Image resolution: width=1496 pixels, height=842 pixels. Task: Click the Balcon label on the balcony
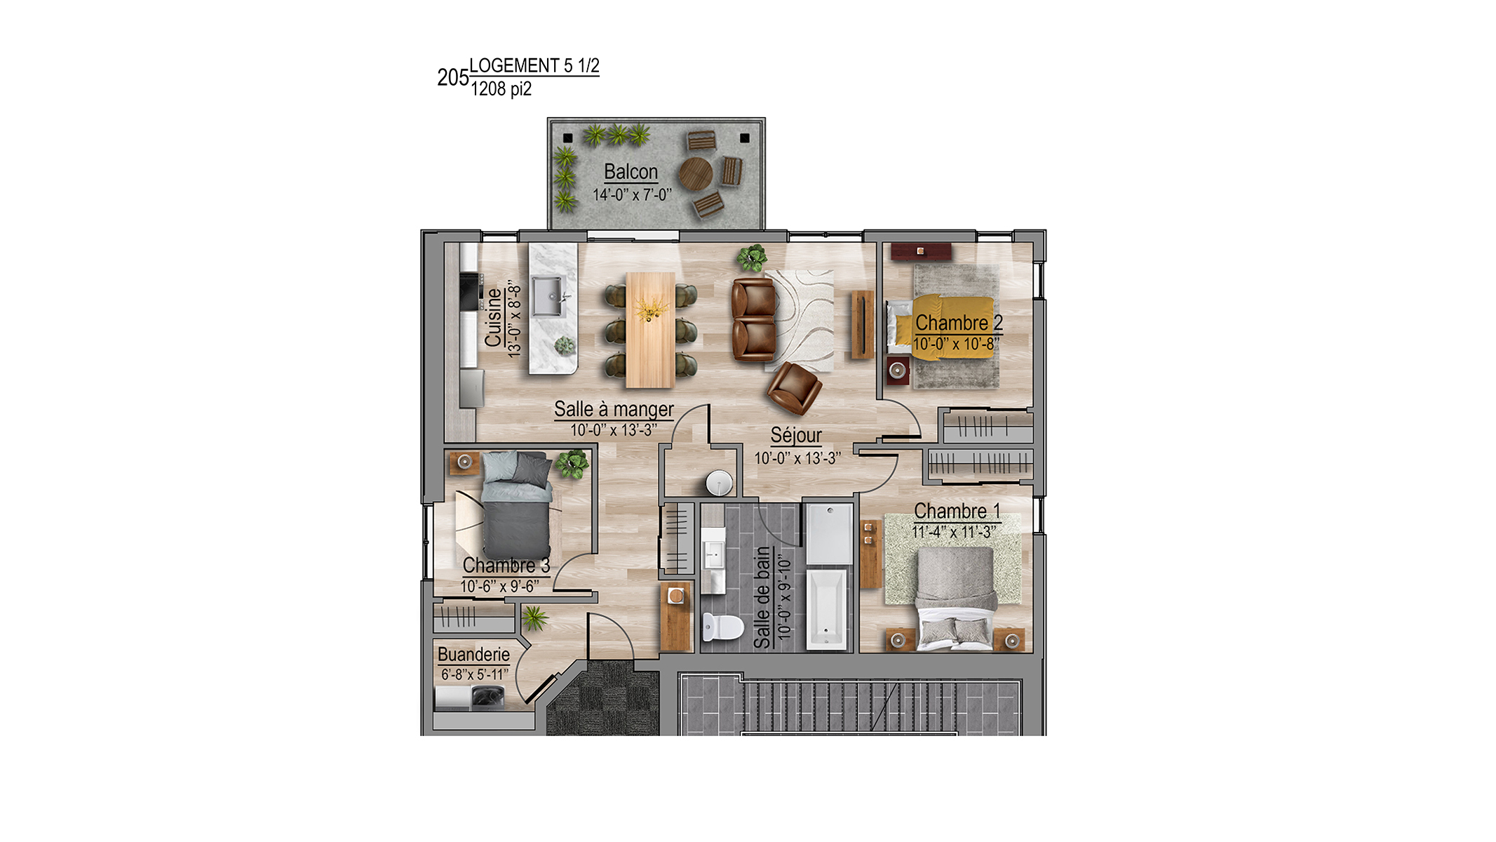coord(631,172)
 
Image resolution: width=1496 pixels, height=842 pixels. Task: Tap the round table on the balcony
coord(695,173)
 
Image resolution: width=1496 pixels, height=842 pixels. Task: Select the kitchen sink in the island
coord(548,297)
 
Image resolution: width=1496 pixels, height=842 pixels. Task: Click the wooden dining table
coord(650,330)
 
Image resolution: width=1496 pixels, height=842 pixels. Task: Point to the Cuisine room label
coord(494,318)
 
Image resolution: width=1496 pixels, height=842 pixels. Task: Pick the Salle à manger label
coord(614,409)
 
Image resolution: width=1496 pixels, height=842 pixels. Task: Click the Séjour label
coord(796,436)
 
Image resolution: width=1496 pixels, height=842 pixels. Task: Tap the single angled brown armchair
coord(794,387)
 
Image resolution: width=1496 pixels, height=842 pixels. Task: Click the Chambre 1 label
coord(957,511)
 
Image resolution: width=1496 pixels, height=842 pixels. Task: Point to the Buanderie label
coord(473,655)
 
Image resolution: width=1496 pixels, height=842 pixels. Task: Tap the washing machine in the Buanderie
coord(487,697)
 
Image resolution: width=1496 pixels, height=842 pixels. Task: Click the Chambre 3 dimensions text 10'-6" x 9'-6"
coord(499,587)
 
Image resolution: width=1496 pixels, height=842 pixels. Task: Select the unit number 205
coord(452,77)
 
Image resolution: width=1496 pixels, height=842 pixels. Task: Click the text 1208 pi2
coord(501,89)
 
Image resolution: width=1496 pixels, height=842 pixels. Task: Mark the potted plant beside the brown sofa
coord(752,258)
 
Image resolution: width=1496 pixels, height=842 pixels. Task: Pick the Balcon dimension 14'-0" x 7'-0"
coord(632,195)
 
